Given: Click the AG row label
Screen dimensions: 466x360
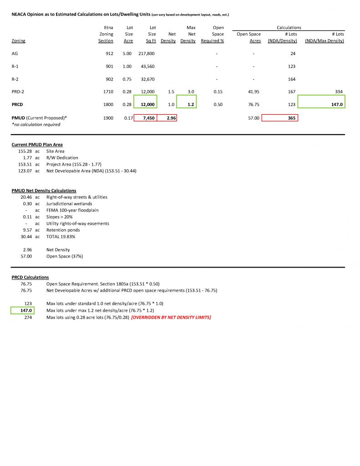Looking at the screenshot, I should [15, 54].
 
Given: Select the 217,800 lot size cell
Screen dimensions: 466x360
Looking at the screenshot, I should [147, 54].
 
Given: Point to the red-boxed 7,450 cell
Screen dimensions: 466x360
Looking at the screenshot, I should [148, 118].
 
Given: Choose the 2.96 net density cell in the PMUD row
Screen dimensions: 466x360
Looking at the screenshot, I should [171, 118].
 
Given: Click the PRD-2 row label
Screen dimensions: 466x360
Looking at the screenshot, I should [18, 92].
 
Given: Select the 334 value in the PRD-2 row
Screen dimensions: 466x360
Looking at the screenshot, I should [339, 92].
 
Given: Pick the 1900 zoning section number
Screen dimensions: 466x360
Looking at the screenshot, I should [108, 118].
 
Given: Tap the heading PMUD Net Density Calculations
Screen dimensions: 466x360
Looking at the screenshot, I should [44, 191].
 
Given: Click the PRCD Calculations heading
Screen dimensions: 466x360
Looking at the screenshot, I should [30, 277].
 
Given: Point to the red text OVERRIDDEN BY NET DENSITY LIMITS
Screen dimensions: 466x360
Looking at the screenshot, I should [171, 317].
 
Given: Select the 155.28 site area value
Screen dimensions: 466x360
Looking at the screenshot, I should [26, 151].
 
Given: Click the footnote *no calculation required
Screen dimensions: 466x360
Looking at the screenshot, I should [35, 124].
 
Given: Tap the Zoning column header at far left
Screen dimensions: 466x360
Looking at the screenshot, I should [18, 41].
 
